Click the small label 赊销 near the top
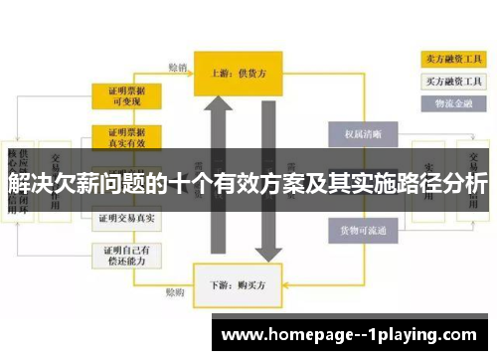(x=177, y=68)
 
